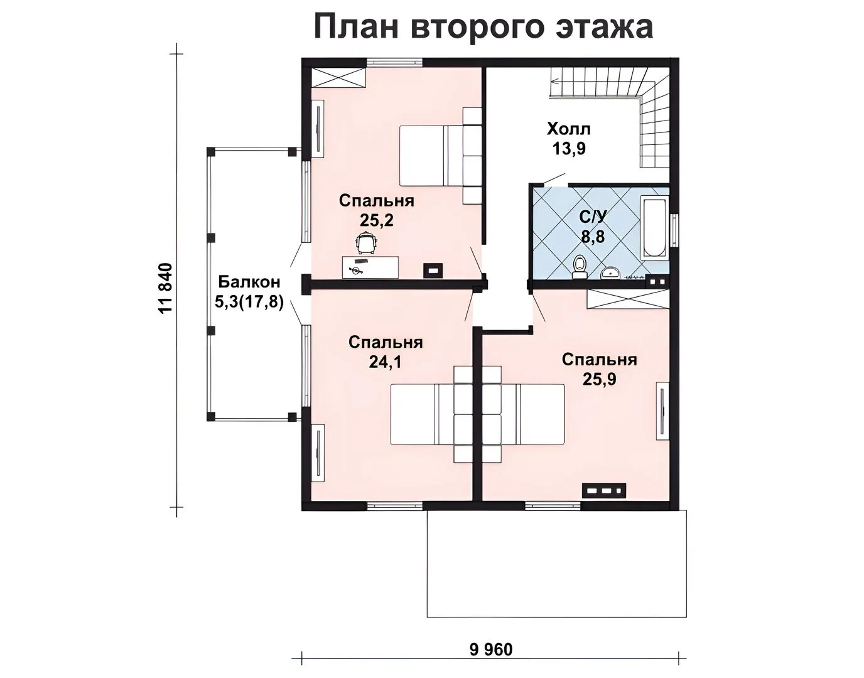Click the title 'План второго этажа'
point(483,27)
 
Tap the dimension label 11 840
point(166,288)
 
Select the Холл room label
point(569,129)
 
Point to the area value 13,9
point(569,149)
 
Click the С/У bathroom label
point(593,217)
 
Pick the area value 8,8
point(593,237)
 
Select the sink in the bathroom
point(610,272)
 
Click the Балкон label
point(249,282)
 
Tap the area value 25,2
point(377,220)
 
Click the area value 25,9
point(600,379)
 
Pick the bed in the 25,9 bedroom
point(524,414)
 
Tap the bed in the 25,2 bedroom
point(441,156)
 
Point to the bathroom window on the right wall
point(674,231)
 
